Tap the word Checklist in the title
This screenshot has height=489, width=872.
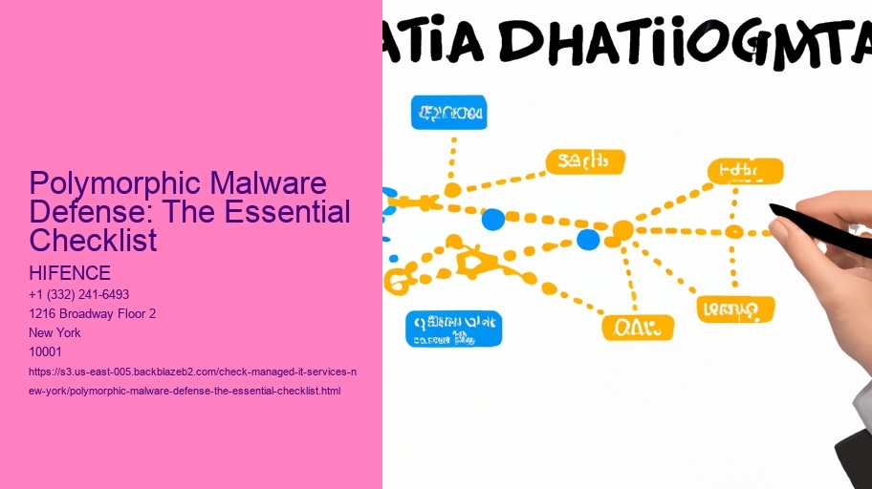[93, 240]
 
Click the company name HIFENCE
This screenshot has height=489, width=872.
[70, 274]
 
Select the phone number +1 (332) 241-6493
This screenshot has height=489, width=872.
[79, 294]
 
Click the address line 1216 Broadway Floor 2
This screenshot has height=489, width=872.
[93, 313]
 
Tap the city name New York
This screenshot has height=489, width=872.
[55, 332]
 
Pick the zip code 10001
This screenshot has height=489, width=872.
[46, 351]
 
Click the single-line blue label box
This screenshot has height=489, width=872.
[448, 113]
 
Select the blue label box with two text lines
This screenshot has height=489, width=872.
[454, 328]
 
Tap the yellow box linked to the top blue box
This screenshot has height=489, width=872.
[584, 161]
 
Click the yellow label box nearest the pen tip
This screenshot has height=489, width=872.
[745, 172]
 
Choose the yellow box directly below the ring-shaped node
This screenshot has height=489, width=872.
[736, 308]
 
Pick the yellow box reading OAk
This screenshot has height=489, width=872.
[638, 328]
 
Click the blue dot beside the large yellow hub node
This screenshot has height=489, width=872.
[588, 239]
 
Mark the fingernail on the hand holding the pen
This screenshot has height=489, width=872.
[778, 230]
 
